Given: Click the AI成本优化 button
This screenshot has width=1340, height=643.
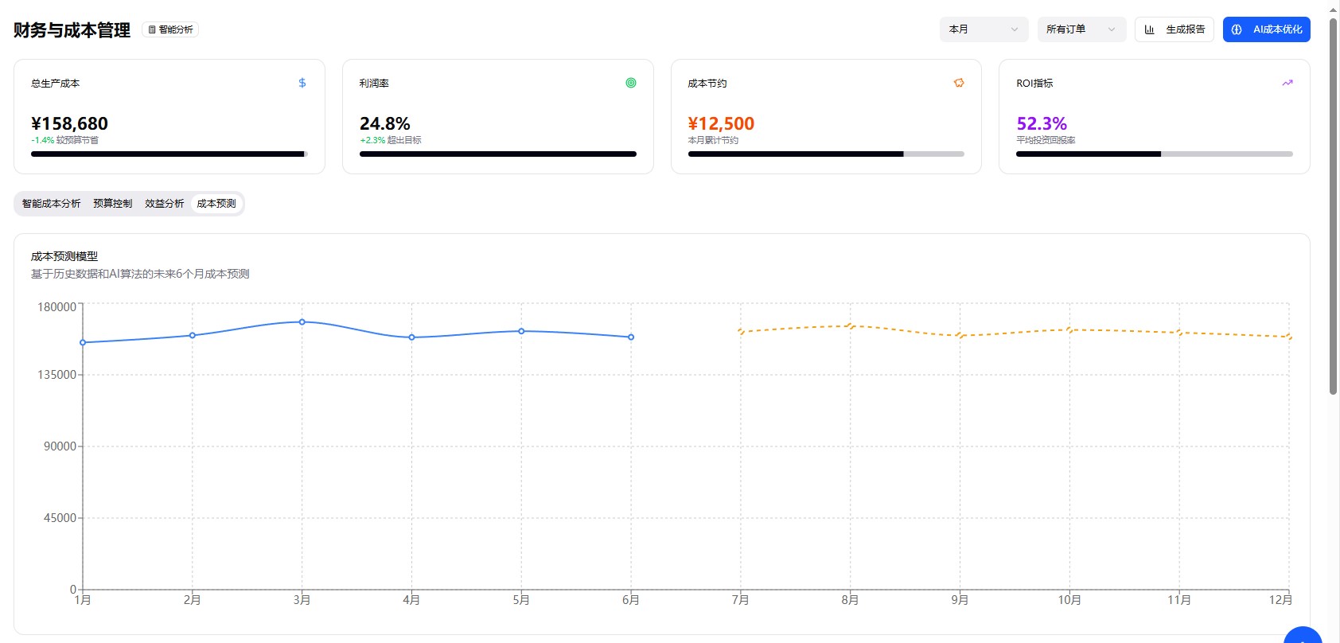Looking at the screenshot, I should coord(1266,29).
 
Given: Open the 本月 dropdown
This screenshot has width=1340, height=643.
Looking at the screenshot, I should coord(984,29).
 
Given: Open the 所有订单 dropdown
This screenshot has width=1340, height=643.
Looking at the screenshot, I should coord(1081,29).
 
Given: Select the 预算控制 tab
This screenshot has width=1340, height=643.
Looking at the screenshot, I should coord(113,204).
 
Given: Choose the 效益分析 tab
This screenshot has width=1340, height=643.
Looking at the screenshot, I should coord(165,204).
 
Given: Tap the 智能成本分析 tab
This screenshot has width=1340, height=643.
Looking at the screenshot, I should coord(52,204).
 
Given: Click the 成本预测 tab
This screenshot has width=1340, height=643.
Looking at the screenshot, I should coord(216,204).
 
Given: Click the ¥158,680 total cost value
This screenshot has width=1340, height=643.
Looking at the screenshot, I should coord(70,123).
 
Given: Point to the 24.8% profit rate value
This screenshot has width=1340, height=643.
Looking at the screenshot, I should coord(385,123).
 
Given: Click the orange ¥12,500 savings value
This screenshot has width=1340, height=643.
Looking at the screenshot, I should coord(721,123).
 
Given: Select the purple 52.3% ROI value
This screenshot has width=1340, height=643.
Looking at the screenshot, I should coord(1042,123).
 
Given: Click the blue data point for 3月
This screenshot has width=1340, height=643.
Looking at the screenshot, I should coord(302,321).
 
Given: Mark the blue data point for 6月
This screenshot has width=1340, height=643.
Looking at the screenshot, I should coord(631,337).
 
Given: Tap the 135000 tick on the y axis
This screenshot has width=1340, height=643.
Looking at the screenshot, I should coord(57,375).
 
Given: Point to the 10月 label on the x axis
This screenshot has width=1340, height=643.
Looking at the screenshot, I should coord(1069,600).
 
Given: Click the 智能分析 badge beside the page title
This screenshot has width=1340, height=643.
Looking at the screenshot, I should coord(170,29).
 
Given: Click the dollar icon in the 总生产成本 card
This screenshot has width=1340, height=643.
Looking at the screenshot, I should coord(302,83).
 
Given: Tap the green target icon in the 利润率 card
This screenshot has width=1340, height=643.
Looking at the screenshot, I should coord(631,83).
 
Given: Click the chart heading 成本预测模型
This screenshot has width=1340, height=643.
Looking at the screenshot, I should coord(64,256).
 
